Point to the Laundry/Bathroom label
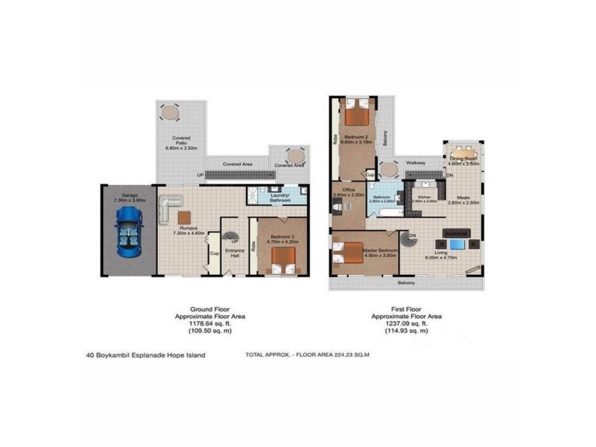pyautogui.click(x=280, y=197)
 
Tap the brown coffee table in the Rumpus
pyautogui.click(x=186, y=216)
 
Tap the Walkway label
pyautogui.click(x=416, y=162)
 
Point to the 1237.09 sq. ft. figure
pyautogui.click(x=407, y=323)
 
